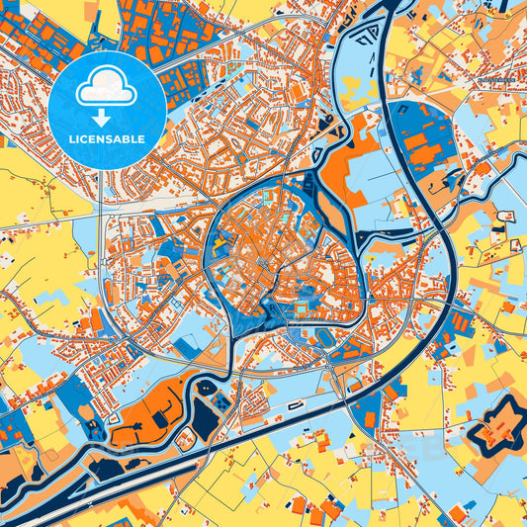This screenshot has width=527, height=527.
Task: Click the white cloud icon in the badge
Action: pos(106,86)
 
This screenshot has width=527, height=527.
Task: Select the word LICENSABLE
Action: pos(106,138)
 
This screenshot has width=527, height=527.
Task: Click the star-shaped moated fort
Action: pos(491,427)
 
